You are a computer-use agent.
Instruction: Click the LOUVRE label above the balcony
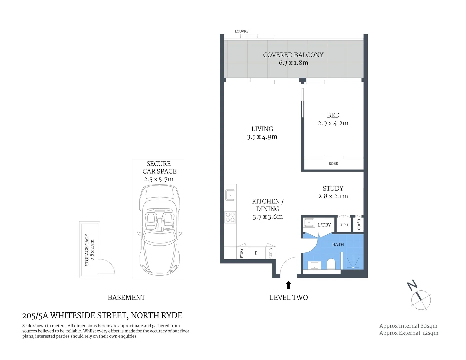point(241,31)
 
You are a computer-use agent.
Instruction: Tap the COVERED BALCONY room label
point(293,55)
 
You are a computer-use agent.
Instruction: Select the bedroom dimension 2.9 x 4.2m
point(333,123)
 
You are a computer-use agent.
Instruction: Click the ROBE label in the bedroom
point(333,164)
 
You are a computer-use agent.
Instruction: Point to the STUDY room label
point(333,189)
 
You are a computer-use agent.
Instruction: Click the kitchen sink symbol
point(230,195)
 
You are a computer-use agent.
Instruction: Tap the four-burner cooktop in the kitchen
point(230,217)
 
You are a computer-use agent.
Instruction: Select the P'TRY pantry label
point(241,253)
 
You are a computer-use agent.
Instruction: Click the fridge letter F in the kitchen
point(256,253)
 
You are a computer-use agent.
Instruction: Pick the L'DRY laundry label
point(324,225)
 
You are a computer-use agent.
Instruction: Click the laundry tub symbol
point(309,222)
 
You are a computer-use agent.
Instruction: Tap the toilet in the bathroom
point(331,264)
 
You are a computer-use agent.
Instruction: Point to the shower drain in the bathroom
point(353,267)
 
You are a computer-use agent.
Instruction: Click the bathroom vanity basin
point(314,266)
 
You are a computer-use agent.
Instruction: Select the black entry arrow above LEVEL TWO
point(289,285)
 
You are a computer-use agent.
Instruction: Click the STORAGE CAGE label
point(87,250)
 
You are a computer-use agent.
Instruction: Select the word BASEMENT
point(126,298)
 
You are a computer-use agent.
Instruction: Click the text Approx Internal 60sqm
point(408,326)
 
